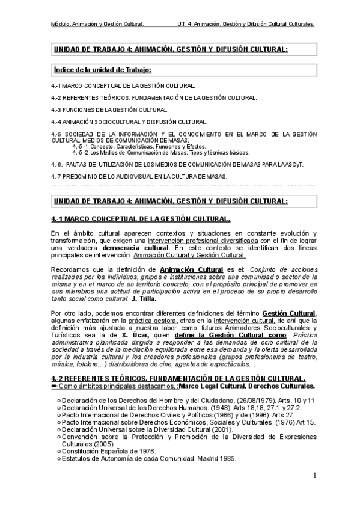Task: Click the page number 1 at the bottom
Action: (x=315, y=476)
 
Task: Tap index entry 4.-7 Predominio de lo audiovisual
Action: (x=139, y=176)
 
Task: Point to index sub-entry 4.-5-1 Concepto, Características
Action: (x=139, y=146)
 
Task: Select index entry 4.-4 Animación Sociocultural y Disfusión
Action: (x=130, y=122)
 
